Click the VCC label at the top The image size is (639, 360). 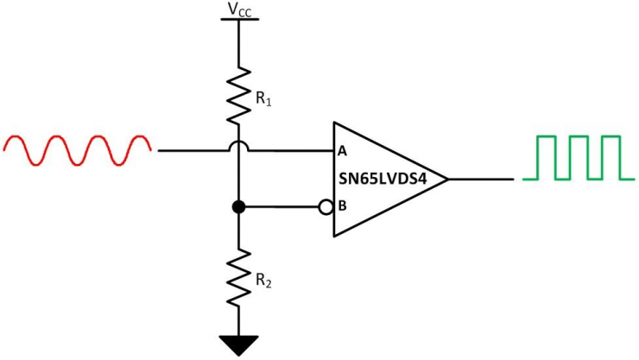(237, 9)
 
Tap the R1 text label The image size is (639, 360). (263, 100)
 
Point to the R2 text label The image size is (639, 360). (263, 281)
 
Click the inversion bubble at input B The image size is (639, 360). (326, 207)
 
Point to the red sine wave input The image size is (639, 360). (78, 149)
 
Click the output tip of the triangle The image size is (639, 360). (446, 179)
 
